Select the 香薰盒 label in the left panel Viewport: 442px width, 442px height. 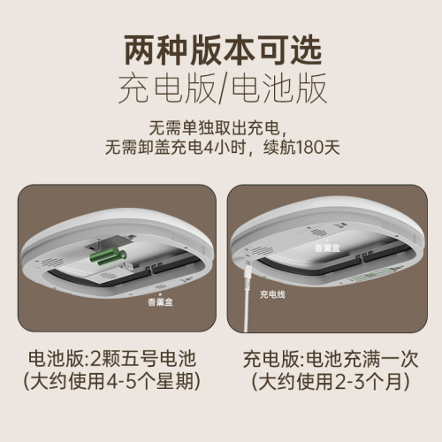(x=161, y=301)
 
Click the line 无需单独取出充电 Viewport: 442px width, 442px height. (x=220, y=125)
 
